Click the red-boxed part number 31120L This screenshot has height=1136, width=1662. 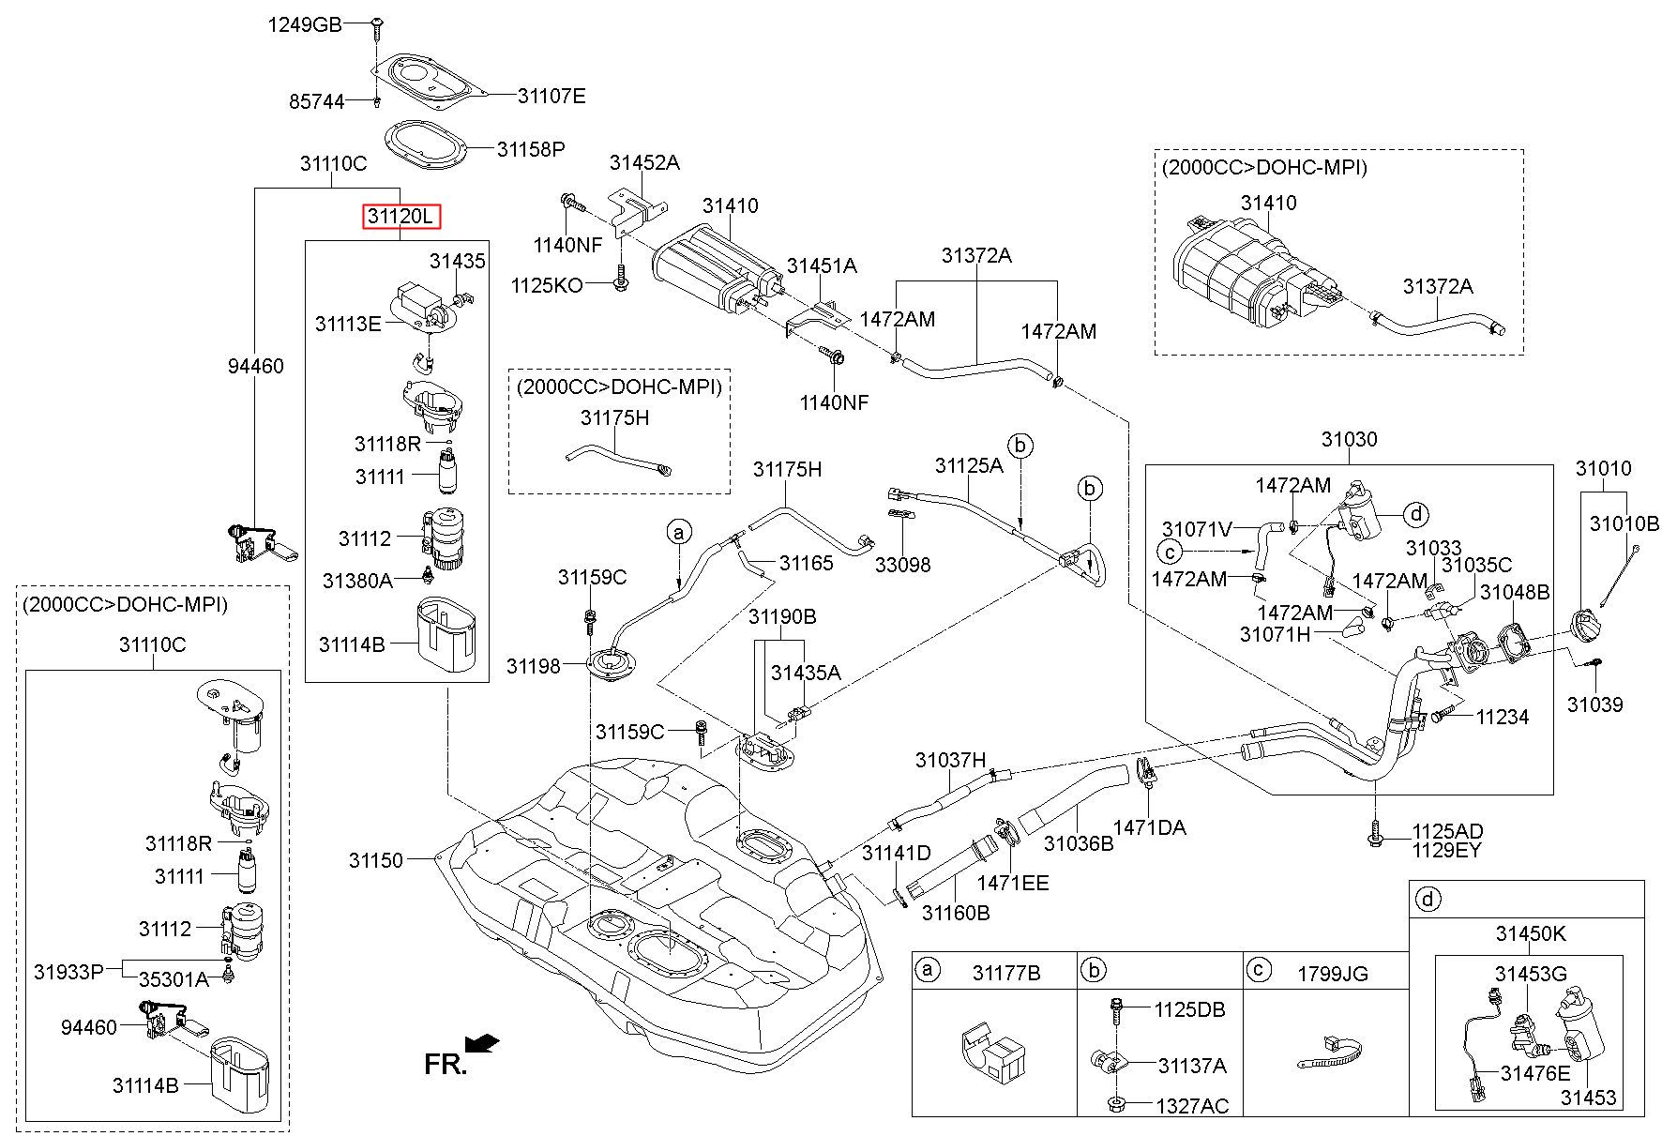tap(401, 218)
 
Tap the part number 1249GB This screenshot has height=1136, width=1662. tap(305, 24)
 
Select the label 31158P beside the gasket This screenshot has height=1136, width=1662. tap(531, 149)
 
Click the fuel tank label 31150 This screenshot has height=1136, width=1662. tap(376, 860)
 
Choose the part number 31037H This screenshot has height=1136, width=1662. tap(951, 760)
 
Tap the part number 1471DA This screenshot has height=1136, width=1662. tap(1149, 827)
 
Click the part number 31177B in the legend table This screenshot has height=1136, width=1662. tap(1006, 974)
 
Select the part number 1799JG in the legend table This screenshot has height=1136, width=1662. tap(1332, 974)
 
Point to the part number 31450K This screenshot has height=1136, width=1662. tap(1531, 934)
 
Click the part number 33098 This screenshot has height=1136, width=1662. tap(902, 565)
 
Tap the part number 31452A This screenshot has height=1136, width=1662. tap(644, 162)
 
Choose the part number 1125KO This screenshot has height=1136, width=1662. tap(547, 284)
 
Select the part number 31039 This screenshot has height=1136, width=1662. tap(1595, 704)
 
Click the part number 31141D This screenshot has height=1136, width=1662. tap(896, 853)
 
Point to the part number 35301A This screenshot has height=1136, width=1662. tap(174, 980)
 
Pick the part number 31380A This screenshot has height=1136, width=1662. tap(357, 581)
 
